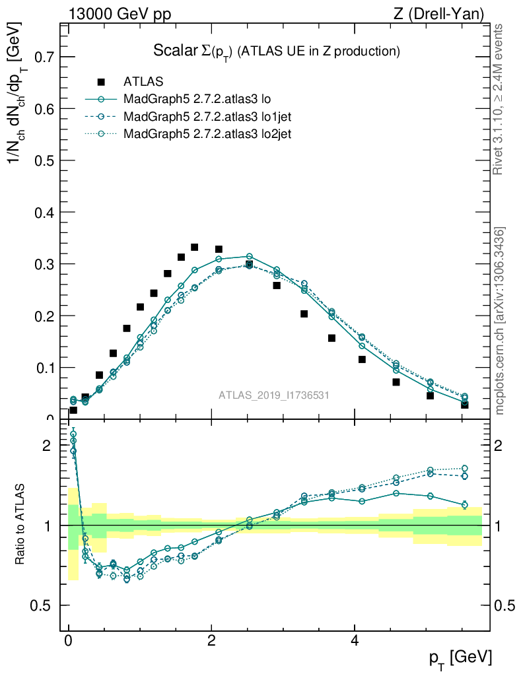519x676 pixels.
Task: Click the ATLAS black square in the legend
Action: tap(101, 82)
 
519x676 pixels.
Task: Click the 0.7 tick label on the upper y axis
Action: tap(40, 57)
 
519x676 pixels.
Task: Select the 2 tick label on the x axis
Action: tap(211, 642)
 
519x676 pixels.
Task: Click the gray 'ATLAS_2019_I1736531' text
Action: tap(274, 395)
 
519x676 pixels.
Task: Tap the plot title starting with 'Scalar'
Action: tap(277, 51)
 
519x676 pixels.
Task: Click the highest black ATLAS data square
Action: tap(195, 248)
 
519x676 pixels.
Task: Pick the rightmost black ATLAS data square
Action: tap(465, 404)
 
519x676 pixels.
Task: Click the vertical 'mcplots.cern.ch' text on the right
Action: tap(500, 321)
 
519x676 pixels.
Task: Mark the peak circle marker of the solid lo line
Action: tap(249, 256)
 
